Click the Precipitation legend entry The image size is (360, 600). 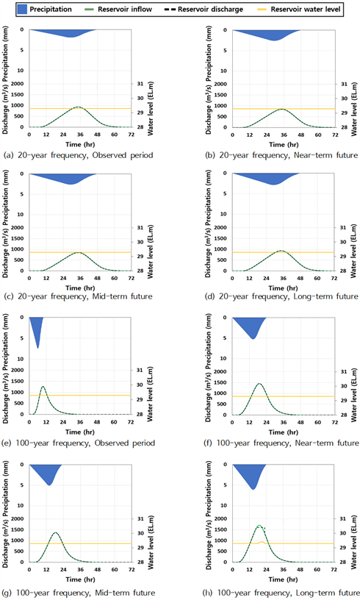(45, 9)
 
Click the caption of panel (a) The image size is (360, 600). (79, 155)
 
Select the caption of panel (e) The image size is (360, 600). (79, 443)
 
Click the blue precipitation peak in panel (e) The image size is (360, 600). (37, 348)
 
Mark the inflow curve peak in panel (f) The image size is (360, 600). (259, 383)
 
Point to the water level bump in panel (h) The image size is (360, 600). (262, 541)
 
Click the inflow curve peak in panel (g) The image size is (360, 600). (56, 532)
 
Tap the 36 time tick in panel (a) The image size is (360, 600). (80, 135)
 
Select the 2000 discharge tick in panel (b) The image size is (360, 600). (222, 84)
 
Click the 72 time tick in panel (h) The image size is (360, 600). (334, 569)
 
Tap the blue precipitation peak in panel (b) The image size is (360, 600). (274, 40)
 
